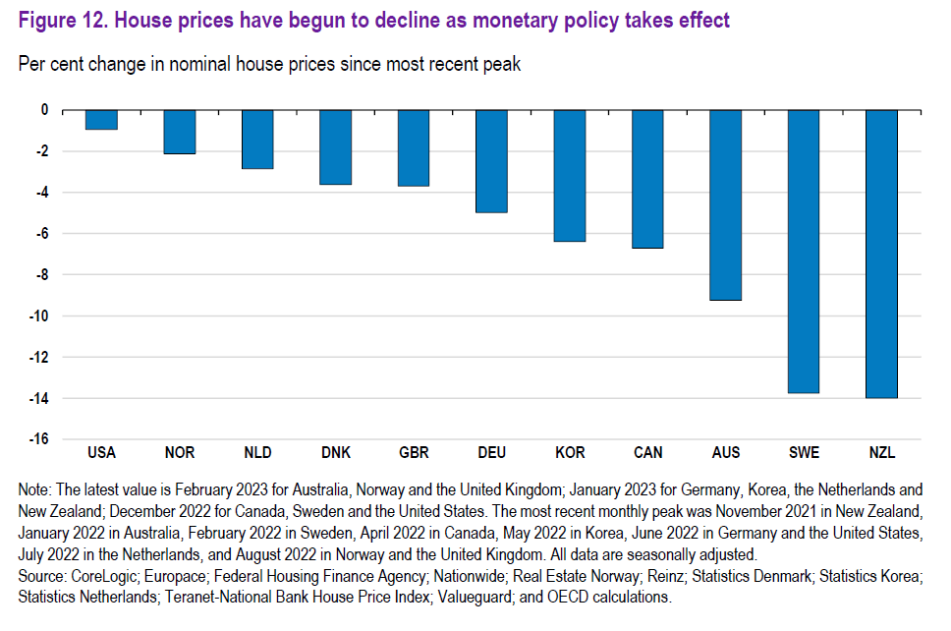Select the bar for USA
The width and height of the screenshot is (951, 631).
click(101, 120)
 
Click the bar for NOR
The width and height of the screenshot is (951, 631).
click(180, 132)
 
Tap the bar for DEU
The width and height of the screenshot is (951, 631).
click(491, 161)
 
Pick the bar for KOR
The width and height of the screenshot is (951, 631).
click(570, 176)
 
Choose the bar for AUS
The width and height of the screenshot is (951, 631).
click(725, 204)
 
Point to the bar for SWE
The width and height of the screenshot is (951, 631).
click(803, 252)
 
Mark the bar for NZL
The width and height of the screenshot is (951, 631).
click(881, 254)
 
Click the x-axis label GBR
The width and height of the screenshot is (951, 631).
click(414, 453)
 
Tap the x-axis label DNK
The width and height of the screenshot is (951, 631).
click(336, 453)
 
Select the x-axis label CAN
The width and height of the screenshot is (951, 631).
click(647, 453)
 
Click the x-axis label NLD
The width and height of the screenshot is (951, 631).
click(257, 453)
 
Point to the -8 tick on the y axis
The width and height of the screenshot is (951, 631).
click(41, 275)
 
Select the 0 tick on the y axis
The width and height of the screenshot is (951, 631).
click(45, 110)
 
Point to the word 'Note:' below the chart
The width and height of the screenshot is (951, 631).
click(36, 488)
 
